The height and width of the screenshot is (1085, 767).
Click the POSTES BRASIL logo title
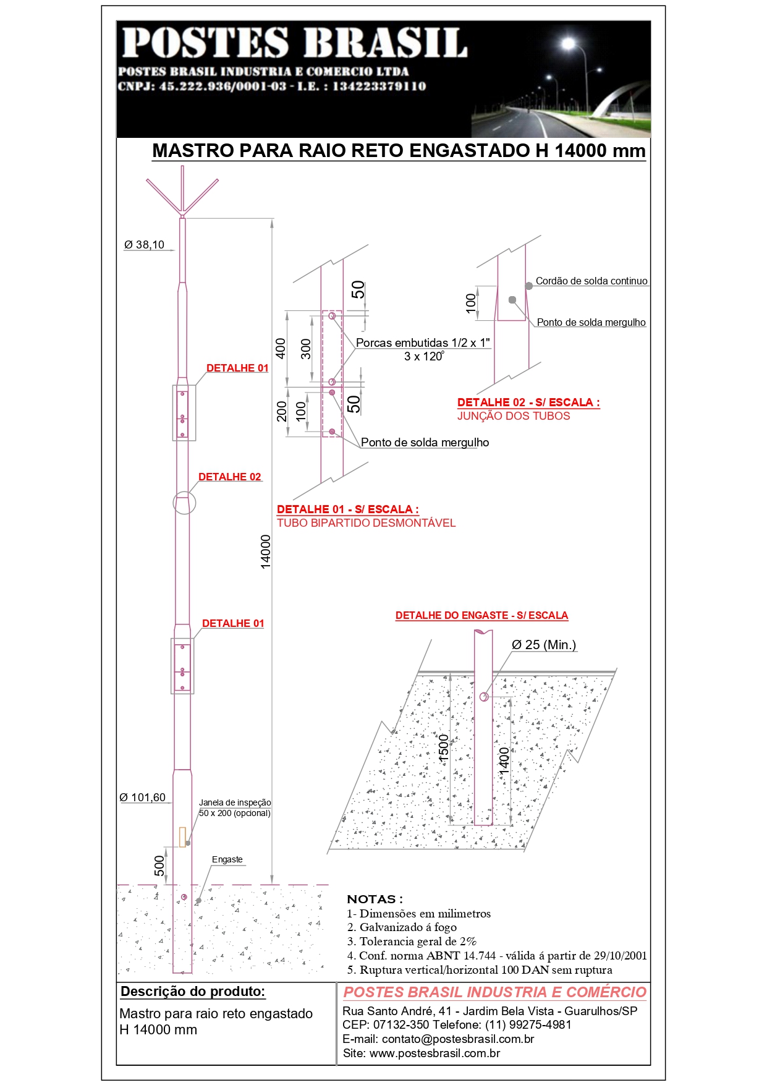coord(294,43)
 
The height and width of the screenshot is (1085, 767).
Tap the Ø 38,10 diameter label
coord(145,245)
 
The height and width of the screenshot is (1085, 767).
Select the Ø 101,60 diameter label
coord(143,798)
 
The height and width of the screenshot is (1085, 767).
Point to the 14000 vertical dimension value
coord(265,551)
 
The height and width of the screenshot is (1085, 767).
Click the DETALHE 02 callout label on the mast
coord(229,477)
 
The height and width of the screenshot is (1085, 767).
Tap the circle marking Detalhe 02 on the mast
coord(184,503)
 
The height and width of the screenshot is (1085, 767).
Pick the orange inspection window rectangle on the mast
coord(182,836)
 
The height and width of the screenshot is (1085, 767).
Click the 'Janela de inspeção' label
coord(235,802)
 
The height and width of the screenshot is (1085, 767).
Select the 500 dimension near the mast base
coord(159,866)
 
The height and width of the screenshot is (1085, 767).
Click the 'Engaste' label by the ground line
coord(227,859)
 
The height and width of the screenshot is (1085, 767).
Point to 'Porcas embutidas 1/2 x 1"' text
coord(423,343)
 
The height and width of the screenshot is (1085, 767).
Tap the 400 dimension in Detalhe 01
coord(281,349)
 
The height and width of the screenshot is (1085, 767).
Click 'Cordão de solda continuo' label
coord(591,281)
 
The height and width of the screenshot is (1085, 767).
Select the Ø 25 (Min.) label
coord(544,645)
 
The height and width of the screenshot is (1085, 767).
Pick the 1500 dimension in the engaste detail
coord(444,748)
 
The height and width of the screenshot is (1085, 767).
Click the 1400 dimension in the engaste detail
coord(504,760)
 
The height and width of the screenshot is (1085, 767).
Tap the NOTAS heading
coord(375,899)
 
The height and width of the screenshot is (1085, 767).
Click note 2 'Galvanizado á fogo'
coord(402,927)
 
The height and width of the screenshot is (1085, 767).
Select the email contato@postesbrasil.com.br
coord(438,1039)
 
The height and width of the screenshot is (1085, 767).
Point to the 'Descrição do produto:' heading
coord(193,992)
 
